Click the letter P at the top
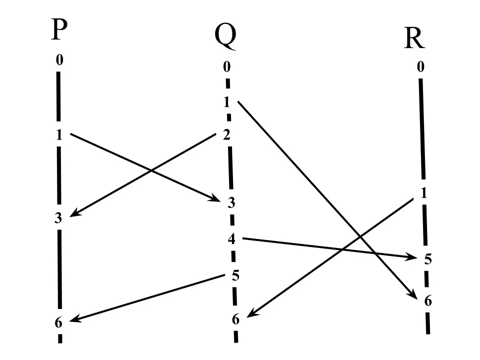click(x=59, y=29)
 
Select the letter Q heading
click(x=225, y=36)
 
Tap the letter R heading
click(x=414, y=38)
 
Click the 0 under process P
click(x=59, y=59)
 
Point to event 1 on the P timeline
click(x=59, y=134)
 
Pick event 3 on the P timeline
click(x=58, y=218)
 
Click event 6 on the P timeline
click(x=58, y=322)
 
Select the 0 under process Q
click(x=226, y=66)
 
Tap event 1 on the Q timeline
click(x=227, y=102)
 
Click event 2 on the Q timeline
click(x=226, y=134)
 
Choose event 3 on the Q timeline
click(x=231, y=202)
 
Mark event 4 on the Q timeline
click(x=231, y=239)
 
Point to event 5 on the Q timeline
click(x=235, y=275)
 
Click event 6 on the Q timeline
click(x=235, y=319)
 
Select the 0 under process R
click(x=420, y=66)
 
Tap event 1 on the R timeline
click(x=424, y=193)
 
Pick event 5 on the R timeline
click(x=428, y=259)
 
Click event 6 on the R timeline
click(x=428, y=301)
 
